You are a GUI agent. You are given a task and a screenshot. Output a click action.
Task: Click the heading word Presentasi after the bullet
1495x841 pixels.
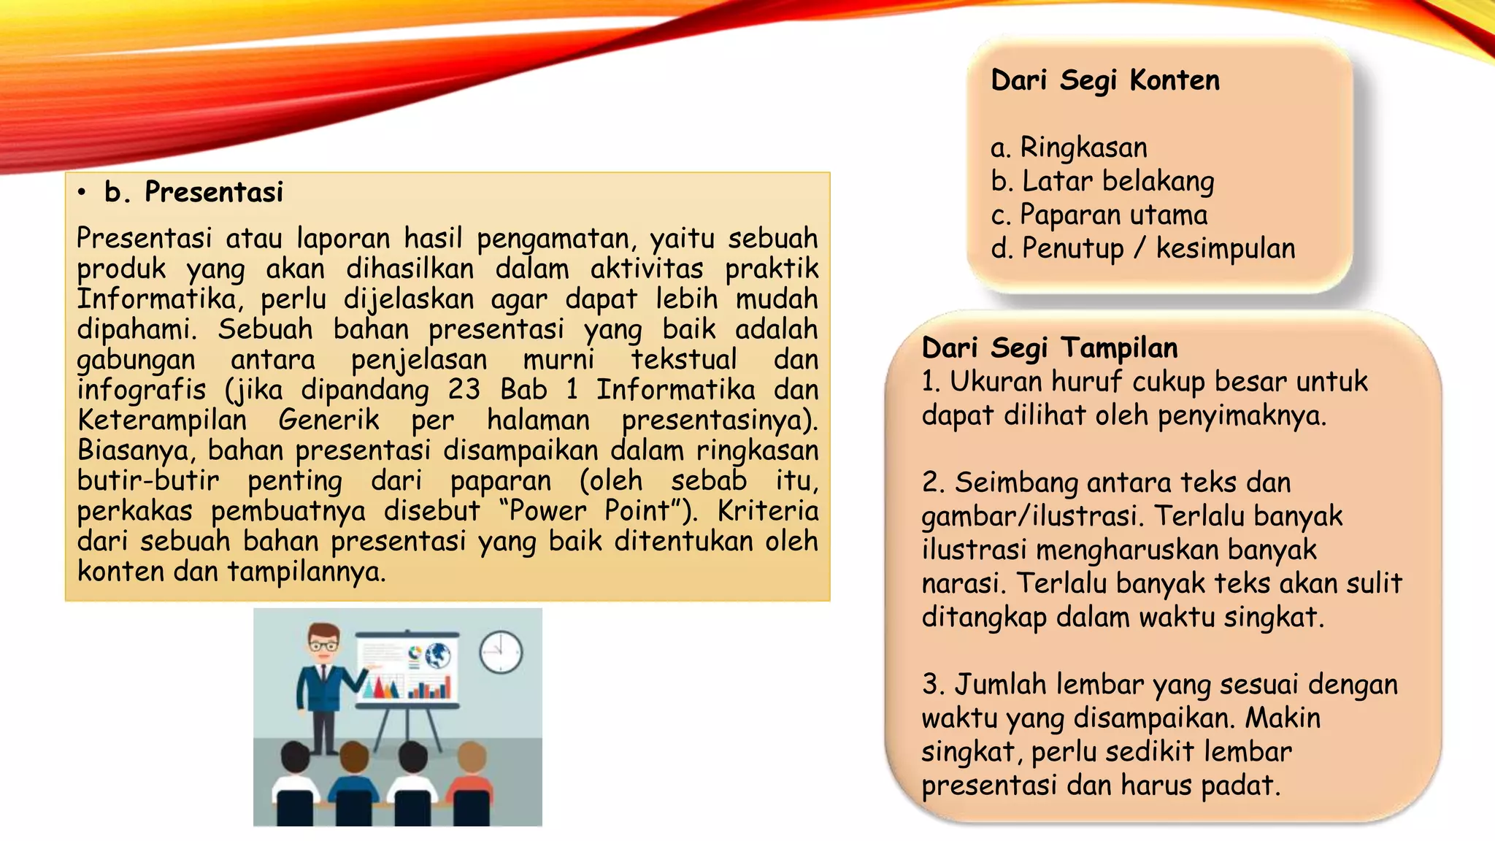(x=213, y=192)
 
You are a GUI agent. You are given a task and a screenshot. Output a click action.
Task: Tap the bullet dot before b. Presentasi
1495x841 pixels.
(x=82, y=193)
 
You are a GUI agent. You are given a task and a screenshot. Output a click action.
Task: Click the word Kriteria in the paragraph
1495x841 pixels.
(x=767, y=510)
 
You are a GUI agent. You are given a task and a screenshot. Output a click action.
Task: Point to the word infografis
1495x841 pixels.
(x=142, y=390)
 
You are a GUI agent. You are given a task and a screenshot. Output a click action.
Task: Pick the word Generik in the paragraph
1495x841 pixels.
(x=328, y=420)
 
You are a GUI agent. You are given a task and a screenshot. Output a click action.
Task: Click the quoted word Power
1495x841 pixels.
(x=547, y=510)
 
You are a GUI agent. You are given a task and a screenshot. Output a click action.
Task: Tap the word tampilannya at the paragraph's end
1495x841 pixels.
(x=306, y=571)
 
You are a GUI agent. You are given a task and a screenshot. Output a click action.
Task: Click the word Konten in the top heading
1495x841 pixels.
(x=1174, y=80)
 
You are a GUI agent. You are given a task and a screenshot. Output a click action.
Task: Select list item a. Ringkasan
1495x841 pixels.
(x=1069, y=147)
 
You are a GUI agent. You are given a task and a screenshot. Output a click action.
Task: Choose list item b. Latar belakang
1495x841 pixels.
(x=1102, y=181)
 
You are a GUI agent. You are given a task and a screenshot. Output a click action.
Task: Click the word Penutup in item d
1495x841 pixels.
(x=1072, y=249)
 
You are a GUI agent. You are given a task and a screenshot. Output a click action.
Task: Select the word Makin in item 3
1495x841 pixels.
(x=1283, y=718)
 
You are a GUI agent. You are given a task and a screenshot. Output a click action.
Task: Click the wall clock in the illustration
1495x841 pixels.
(x=501, y=651)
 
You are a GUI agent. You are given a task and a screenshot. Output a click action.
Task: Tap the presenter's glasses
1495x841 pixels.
(x=323, y=645)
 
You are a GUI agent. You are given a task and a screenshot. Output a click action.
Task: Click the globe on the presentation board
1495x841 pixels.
(x=438, y=656)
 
